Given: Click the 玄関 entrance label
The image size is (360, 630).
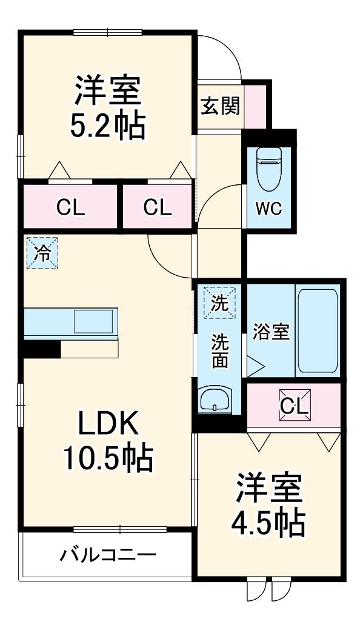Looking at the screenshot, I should pyautogui.click(x=220, y=106).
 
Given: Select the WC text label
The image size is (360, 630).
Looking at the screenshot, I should pyautogui.click(x=268, y=209).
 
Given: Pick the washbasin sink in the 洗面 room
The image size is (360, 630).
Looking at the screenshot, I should pyautogui.click(x=215, y=399).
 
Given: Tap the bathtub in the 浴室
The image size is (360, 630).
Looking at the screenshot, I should pyautogui.click(x=317, y=331).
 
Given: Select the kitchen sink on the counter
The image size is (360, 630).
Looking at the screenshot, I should pyautogui.click(x=94, y=321).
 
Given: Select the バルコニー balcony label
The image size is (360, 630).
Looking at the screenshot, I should pyautogui.click(x=108, y=554).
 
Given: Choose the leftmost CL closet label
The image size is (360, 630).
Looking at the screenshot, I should pyautogui.click(x=71, y=207).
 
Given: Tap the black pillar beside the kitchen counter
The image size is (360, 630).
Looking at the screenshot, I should pyautogui.click(x=41, y=349).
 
